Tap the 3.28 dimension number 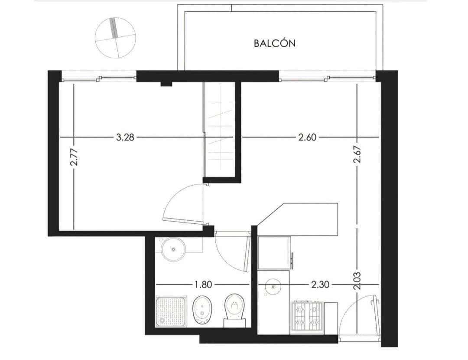125,137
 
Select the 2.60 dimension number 307,137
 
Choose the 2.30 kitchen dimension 320,285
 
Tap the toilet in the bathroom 234,311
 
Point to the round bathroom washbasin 173,249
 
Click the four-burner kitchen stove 307,317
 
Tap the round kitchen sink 273,286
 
